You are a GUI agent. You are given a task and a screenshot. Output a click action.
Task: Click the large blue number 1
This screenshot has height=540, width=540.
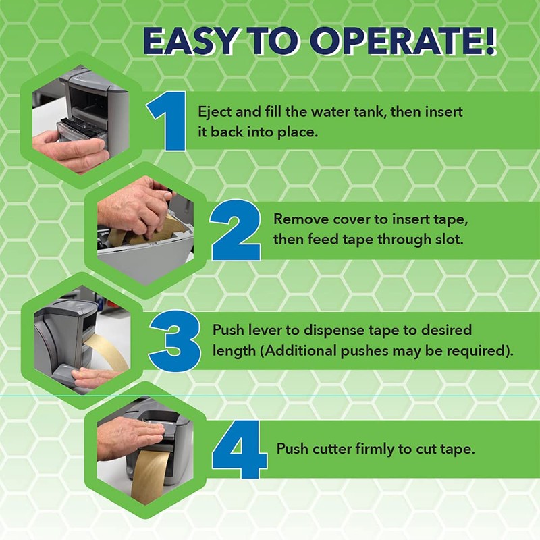point(167,122)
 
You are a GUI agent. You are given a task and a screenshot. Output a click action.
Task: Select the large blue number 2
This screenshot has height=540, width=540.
point(236,230)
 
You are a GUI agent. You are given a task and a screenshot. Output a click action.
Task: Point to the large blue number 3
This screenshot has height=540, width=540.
point(175,341)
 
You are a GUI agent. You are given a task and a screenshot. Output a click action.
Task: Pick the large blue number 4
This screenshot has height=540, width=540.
point(240,449)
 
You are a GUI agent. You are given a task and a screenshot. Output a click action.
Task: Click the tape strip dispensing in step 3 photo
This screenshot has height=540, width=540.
point(109,348)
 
